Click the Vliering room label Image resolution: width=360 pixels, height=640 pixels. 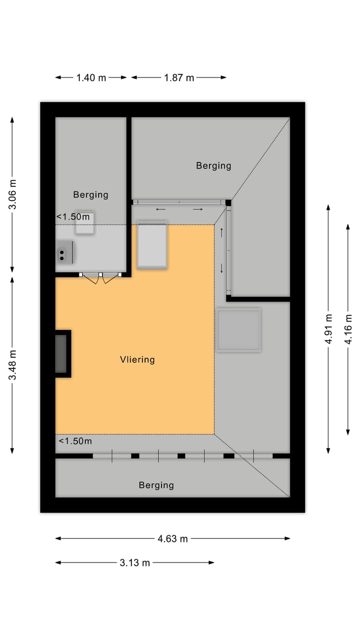click(137, 359)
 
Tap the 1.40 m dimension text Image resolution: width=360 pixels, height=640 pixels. click(91, 77)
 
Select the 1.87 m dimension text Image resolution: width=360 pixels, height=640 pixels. click(179, 77)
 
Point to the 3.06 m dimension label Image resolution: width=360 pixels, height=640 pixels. click(12, 194)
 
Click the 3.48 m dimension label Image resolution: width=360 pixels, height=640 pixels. click(12, 365)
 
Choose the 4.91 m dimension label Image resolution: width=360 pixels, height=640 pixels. click(329, 329)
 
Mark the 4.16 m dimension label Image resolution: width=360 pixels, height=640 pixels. click(348, 329)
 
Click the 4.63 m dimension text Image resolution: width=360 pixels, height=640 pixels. click(172, 539)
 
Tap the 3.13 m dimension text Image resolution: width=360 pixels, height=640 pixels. click(134, 563)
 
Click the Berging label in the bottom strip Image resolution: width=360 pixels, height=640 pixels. click(156, 485)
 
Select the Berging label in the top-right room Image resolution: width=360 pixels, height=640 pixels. click(213, 165)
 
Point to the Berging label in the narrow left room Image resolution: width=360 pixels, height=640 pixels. click(90, 194)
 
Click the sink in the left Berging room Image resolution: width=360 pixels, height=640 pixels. click(64, 252)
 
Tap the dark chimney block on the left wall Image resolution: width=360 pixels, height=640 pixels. click(63, 354)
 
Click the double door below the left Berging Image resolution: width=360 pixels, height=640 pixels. click(100, 277)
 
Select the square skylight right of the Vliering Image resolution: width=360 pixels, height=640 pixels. click(238, 330)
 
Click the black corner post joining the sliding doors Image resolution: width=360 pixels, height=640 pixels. click(228, 203)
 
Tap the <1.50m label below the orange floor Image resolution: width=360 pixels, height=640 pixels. click(75, 441)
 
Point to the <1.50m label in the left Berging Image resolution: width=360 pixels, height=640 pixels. click(73, 217)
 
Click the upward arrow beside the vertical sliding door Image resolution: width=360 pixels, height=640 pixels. click(221, 232)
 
